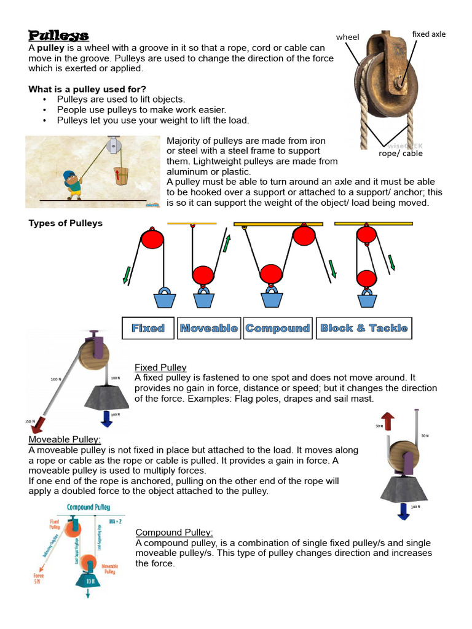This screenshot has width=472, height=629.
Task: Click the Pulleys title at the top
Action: click(58, 36)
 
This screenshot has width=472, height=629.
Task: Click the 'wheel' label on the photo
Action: click(347, 37)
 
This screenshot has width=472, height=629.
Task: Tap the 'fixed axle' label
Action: click(428, 34)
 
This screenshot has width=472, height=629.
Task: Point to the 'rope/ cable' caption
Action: click(400, 154)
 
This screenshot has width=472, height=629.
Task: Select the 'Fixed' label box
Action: click(148, 328)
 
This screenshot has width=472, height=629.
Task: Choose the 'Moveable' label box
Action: click(209, 328)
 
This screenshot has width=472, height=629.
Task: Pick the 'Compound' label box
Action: click(278, 328)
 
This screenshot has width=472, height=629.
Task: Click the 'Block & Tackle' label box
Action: click(364, 328)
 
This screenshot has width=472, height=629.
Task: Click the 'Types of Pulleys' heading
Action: click(66, 223)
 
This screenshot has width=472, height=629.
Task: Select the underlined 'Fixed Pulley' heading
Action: click(160, 367)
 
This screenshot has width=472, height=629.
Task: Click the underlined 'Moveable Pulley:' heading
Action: click(65, 440)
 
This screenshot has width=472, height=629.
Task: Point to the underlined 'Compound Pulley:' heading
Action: click(175, 532)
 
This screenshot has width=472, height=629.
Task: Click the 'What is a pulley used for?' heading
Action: click(87, 89)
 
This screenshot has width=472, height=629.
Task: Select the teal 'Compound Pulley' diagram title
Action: click(88, 507)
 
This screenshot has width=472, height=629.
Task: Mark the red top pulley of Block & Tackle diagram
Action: click(366, 234)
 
